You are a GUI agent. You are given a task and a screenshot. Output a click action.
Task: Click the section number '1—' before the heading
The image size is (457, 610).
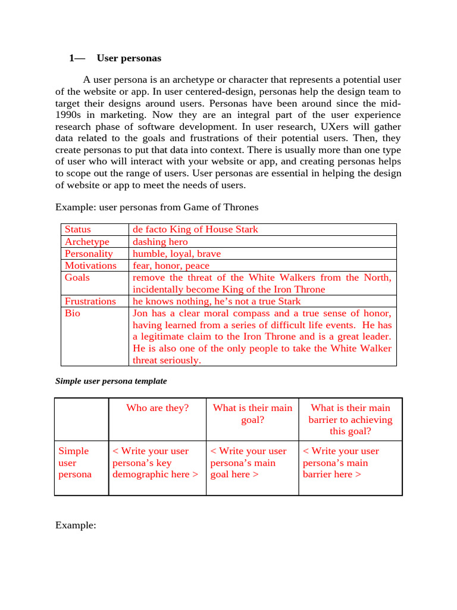click(77, 58)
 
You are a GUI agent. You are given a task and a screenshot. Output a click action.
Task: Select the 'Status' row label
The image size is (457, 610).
click(78, 229)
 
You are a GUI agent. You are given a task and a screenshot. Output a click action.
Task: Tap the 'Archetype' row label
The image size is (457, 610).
click(87, 242)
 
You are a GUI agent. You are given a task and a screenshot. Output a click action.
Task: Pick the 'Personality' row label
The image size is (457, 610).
click(89, 254)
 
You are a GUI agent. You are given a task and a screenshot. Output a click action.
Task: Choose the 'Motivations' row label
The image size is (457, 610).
click(90, 266)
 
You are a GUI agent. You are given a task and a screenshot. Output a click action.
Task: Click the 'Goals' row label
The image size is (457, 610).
click(77, 278)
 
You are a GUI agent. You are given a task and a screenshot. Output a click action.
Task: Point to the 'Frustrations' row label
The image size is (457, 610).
click(90, 301)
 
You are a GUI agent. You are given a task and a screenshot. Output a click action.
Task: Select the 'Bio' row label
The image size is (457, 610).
click(72, 313)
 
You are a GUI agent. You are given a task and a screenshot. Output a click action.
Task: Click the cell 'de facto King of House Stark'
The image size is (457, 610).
click(195, 229)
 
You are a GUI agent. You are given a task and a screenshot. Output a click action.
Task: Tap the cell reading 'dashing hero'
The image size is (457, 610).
click(160, 242)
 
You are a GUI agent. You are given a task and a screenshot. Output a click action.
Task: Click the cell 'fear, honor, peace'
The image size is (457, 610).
click(171, 266)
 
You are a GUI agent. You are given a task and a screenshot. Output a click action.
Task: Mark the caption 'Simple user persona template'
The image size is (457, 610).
click(111, 381)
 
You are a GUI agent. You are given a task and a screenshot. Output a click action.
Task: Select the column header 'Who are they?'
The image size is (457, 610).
click(157, 408)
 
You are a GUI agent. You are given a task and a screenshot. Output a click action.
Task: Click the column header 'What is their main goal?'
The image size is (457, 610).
click(252, 414)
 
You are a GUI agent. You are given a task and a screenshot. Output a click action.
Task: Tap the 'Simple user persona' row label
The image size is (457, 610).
click(74, 463)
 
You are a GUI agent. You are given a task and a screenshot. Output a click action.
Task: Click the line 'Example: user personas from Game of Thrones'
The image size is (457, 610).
click(157, 207)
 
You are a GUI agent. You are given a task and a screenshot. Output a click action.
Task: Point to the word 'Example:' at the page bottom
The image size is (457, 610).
click(76, 525)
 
